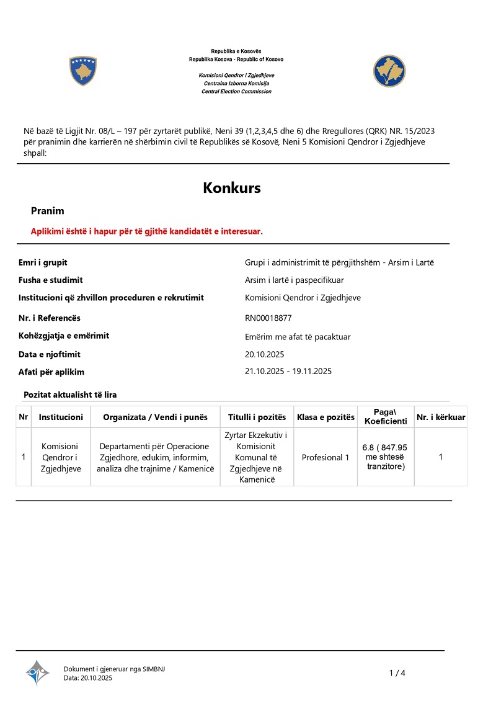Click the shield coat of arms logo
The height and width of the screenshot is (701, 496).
pos(83,71)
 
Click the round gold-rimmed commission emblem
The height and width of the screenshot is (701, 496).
pos(389,71)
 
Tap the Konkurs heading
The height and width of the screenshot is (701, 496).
pos(232,188)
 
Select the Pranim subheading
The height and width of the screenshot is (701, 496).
pos(48,211)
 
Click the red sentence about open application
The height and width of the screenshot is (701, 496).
pos(147,231)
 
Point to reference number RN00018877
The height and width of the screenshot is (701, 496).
pos(268,318)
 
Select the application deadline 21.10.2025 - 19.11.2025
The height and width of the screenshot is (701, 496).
pos(288,371)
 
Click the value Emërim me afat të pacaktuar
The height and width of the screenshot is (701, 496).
pos(298,337)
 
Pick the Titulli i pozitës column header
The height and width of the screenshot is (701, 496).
pos(257,417)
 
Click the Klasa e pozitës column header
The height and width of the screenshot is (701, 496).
pos(325,417)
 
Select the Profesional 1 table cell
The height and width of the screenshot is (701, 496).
pos(325,457)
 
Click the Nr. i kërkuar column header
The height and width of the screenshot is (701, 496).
pos(441,417)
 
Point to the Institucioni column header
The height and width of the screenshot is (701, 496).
pos(61,417)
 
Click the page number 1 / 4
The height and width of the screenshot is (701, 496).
pos(397,673)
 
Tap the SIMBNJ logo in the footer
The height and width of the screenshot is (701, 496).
pos(37,672)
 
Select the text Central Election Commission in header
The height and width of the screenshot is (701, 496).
pos(236,91)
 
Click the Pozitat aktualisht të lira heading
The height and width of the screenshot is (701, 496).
pos(70,395)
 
